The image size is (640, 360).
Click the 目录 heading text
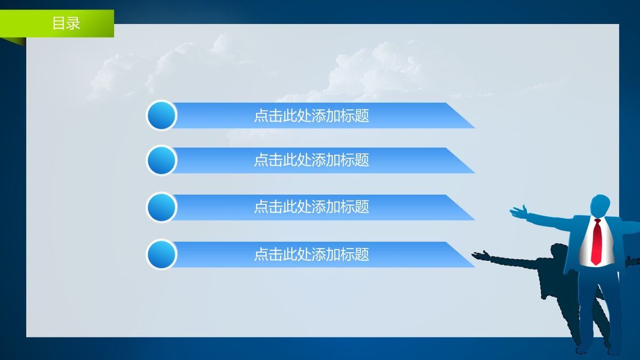[x=66, y=23]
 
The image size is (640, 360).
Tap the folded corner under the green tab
[x=16, y=41]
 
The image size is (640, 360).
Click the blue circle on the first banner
[x=162, y=115]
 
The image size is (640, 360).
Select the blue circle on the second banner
[x=162, y=160]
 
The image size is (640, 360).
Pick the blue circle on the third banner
[x=162, y=207]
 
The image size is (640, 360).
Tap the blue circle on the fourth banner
[x=162, y=254]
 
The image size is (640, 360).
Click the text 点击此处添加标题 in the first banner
[x=311, y=116]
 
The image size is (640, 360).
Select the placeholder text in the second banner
[x=311, y=160]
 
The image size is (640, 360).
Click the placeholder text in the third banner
[x=311, y=207]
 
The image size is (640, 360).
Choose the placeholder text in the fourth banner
[x=311, y=254]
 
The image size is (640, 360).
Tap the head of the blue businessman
[x=600, y=205]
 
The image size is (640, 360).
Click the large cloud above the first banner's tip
[x=373, y=69]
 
